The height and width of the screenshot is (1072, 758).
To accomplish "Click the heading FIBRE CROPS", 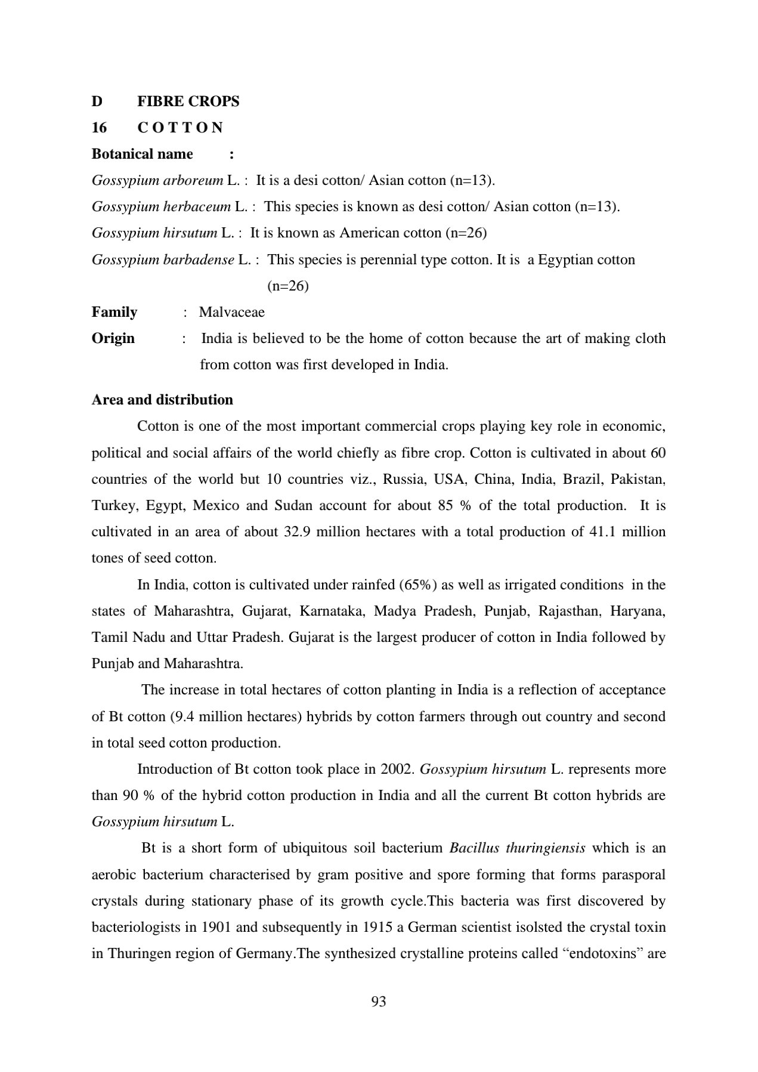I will pyautogui.click(x=188, y=101).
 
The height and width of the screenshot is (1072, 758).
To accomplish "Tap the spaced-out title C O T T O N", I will pyautogui.click(x=180, y=128).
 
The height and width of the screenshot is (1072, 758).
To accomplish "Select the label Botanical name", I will pyautogui.click(x=142, y=154).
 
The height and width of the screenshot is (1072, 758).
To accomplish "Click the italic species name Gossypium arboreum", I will pyautogui.click(x=157, y=180).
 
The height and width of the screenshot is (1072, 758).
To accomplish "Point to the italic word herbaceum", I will pyautogui.click(x=196, y=206).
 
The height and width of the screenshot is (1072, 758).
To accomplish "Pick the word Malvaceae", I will pyautogui.click(x=231, y=312).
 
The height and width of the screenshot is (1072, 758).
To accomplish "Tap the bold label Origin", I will pyautogui.click(x=113, y=338).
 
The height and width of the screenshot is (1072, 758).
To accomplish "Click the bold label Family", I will pyautogui.click(x=114, y=312).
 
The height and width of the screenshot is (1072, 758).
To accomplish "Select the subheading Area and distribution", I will pyautogui.click(x=162, y=400).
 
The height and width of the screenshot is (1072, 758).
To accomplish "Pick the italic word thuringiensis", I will pyautogui.click(x=545, y=848).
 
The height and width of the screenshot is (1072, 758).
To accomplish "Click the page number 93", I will pyautogui.click(x=379, y=1002).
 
